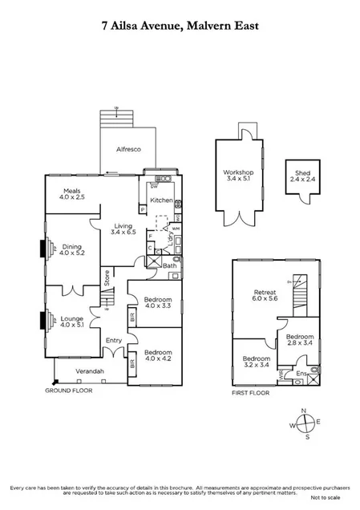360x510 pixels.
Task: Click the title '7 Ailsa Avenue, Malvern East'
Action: (x=180, y=26)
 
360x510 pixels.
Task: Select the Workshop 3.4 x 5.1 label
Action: (x=238, y=176)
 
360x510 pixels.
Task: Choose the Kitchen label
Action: (x=161, y=200)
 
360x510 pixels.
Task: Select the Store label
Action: (x=106, y=278)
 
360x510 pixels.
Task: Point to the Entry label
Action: (x=113, y=341)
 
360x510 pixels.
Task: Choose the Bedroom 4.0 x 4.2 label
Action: (x=158, y=356)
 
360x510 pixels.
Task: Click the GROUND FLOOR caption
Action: (x=70, y=391)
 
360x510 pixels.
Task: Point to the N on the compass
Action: (x=304, y=411)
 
